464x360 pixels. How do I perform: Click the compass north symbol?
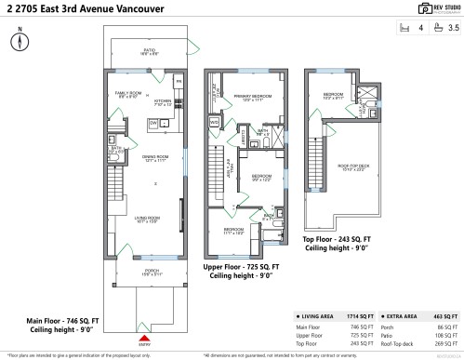coord(19,42)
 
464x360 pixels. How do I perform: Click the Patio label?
coord(149,49)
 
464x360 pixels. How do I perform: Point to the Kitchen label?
coord(164,102)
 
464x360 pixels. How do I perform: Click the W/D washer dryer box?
coord(214,122)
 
